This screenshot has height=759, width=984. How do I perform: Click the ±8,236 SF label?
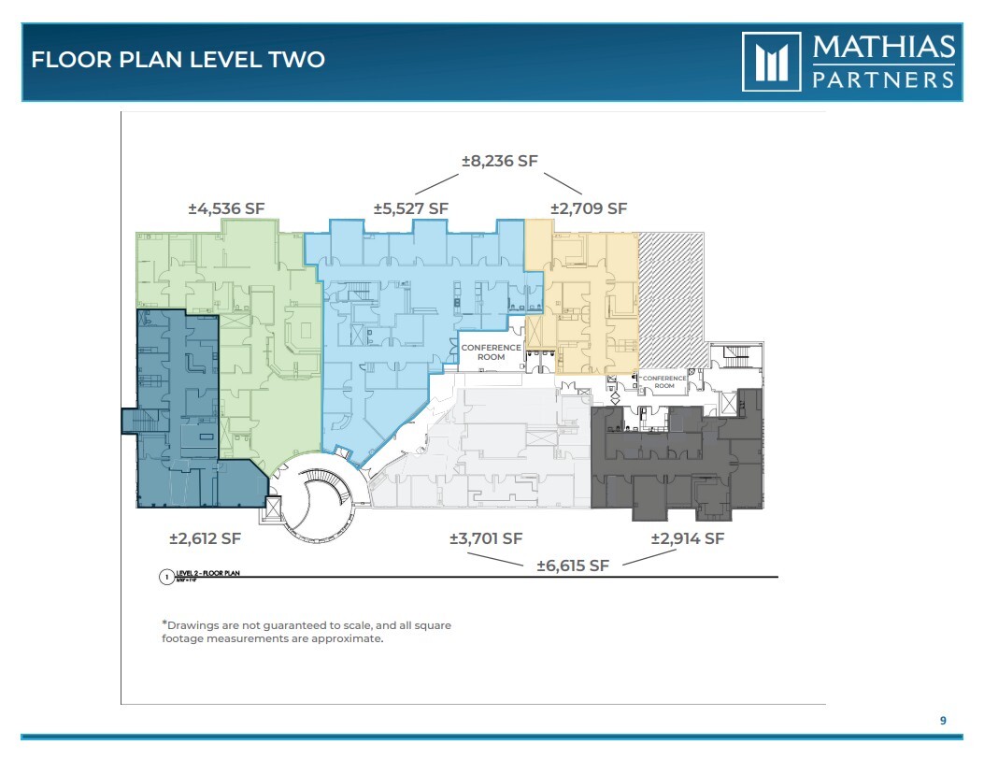(x=500, y=161)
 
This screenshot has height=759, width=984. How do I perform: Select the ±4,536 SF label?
(x=226, y=208)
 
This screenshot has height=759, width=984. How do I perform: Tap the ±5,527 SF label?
(x=411, y=208)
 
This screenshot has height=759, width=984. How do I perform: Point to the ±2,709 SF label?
(x=588, y=208)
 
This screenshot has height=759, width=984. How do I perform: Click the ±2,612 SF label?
(x=205, y=538)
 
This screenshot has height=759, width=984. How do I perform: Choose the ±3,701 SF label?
(x=485, y=538)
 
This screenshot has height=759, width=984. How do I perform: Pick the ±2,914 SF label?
(x=687, y=538)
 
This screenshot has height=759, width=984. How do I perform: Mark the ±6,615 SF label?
(x=573, y=566)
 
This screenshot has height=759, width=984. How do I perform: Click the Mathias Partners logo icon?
(x=771, y=62)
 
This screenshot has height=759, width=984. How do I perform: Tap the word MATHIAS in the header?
(x=883, y=47)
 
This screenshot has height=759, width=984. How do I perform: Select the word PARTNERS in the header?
(x=883, y=78)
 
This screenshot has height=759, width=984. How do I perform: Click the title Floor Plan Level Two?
(x=178, y=60)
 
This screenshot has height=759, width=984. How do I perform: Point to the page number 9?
(x=943, y=720)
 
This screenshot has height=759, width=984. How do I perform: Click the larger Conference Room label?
(x=491, y=352)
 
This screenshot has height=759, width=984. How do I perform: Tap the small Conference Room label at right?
(x=664, y=381)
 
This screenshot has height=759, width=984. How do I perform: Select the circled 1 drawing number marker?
(x=164, y=577)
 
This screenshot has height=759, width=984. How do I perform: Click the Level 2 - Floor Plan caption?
(x=207, y=573)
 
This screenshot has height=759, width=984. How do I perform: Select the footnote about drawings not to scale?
(x=307, y=631)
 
